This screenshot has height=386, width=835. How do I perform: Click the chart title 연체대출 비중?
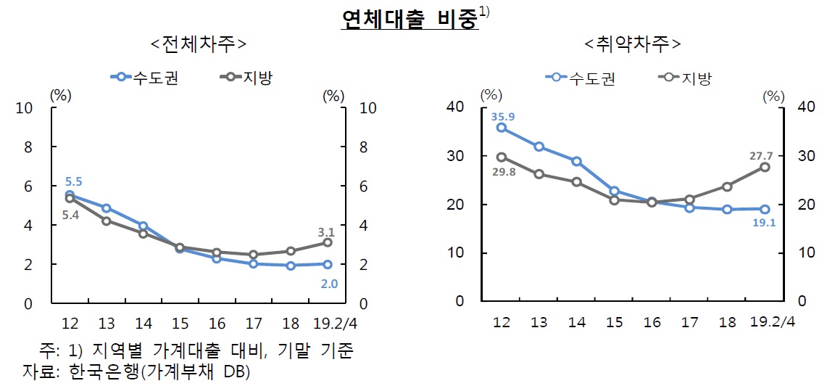tap(410, 19)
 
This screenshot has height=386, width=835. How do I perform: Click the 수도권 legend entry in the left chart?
tap(144, 76)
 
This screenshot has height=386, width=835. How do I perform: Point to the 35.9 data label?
tap(502, 115)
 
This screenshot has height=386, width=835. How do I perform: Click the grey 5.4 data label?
tap(70, 215)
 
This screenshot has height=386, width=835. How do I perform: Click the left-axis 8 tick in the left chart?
tap(28, 147)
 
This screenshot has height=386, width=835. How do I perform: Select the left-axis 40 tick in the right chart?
tap(454, 107)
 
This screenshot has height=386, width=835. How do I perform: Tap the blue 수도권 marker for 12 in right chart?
tap(501, 128)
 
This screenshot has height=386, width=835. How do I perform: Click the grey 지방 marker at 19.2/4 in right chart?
tap(765, 167)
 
